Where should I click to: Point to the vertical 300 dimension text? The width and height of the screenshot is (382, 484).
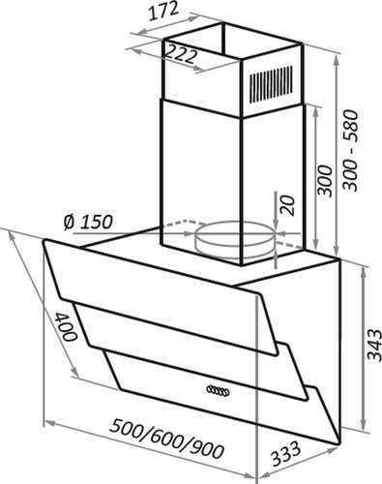324,181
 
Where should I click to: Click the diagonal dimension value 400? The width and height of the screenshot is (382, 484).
66,331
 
